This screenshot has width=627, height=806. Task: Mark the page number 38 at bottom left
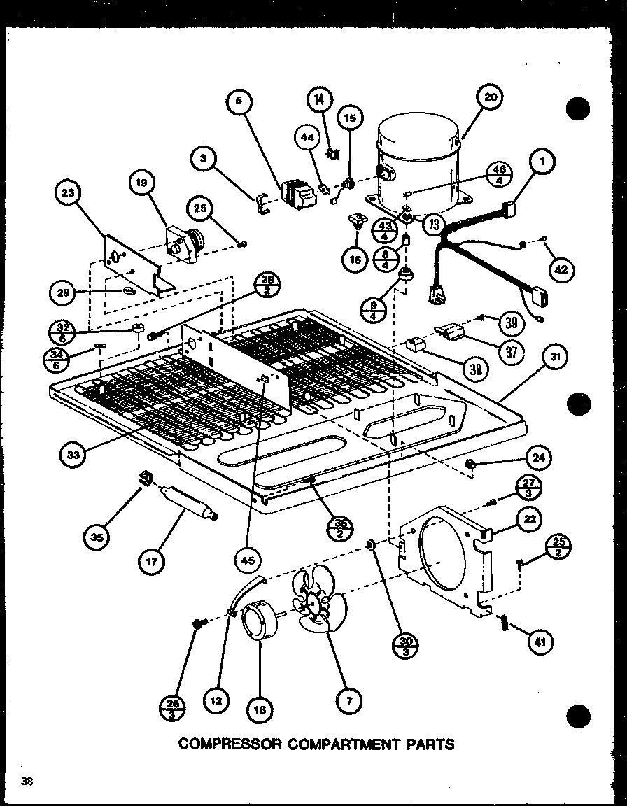[27, 782]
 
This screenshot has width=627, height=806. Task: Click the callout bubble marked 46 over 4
[498, 174]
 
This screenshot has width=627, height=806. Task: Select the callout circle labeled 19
[142, 184]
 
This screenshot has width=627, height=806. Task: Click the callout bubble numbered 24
[538, 458]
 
